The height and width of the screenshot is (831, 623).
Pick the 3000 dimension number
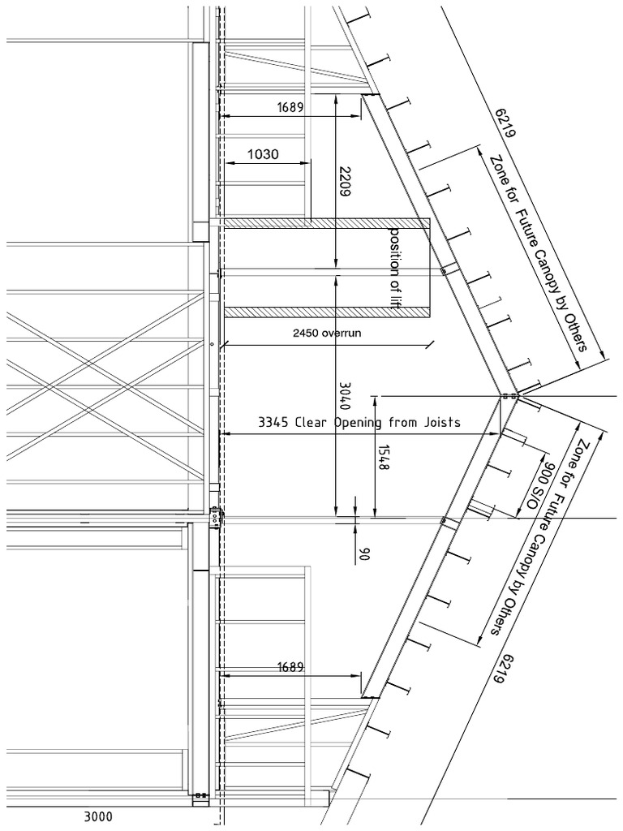click(99, 816)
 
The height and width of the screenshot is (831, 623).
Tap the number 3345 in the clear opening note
click(274, 422)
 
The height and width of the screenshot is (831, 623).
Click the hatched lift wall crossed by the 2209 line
click(324, 222)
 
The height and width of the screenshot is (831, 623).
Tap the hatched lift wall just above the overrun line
click(324, 312)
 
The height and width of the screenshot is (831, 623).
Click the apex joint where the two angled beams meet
click(509, 396)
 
